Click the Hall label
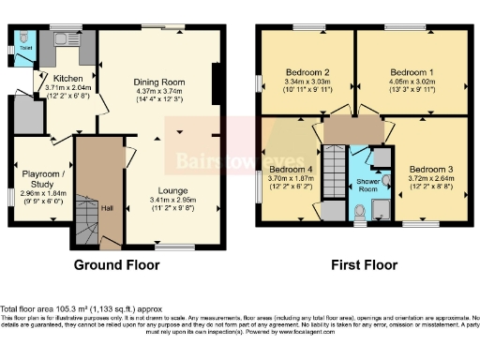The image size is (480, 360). [107, 207]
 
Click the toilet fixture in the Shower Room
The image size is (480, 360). [363, 210]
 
